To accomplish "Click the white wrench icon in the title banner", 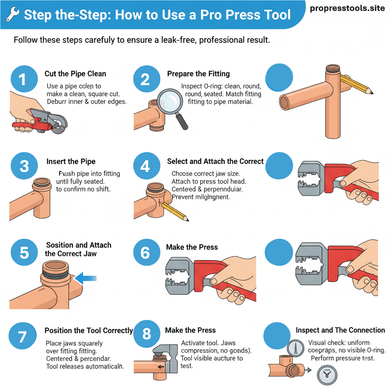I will coord(13,15).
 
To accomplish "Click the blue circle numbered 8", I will coord(147,334).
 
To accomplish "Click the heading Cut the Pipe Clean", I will coord(75,74).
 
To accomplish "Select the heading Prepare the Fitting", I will coord(198,74).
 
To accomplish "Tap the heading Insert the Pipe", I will coord(71,161).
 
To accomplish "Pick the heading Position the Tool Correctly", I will coord(89,330).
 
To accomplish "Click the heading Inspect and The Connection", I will coord(340,330).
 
